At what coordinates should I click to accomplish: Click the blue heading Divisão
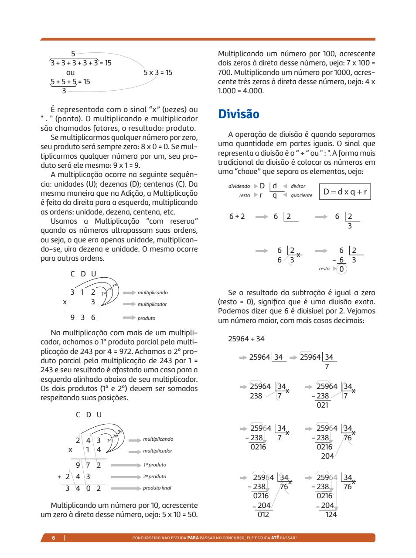pos(239,114)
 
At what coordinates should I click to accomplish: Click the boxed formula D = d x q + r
pos(345,191)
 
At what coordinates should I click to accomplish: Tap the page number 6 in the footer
pos(54,538)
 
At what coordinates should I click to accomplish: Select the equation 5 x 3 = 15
pos(158,72)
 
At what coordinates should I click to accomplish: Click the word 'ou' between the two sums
pos(70,72)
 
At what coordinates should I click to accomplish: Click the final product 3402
pos(83,488)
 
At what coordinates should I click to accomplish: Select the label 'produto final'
pos(157,488)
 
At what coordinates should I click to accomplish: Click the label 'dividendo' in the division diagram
pos(239,186)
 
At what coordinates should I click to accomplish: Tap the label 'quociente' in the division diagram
pos(301,195)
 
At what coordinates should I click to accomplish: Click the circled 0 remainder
pos(342,269)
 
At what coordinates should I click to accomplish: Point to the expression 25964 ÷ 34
pos(246,339)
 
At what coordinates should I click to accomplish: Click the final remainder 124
pos(331,514)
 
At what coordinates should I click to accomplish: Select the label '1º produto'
pos(154,465)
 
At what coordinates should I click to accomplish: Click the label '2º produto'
pos(154,476)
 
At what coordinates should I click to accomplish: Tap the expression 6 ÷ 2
pos(237,216)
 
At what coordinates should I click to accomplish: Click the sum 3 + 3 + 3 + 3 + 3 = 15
pos(81,63)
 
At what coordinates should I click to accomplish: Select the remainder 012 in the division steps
pos(263,514)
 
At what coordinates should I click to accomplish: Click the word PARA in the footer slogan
pos(193,538)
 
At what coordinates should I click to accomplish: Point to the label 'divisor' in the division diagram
pos(298,186)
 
